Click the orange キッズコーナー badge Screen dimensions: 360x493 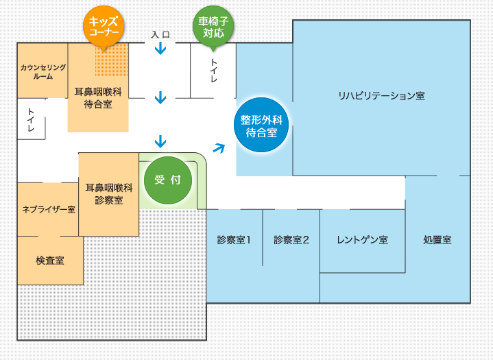104,26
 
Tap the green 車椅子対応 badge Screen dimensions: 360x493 213,26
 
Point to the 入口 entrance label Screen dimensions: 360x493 160,34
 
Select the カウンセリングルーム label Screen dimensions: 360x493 43,72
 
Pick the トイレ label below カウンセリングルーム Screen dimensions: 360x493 31,119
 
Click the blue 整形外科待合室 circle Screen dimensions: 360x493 261,125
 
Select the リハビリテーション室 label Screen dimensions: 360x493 381,95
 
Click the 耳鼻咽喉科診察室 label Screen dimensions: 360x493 108,193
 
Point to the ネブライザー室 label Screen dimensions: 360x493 49,209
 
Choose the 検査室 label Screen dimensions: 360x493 50,260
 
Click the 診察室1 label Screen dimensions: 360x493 234,240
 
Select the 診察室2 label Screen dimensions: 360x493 291,240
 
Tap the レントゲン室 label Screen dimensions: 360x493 362,240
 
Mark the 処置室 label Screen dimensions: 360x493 437,240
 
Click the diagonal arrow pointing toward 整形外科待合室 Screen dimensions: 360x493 218,147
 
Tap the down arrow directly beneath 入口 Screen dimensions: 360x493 160,49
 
